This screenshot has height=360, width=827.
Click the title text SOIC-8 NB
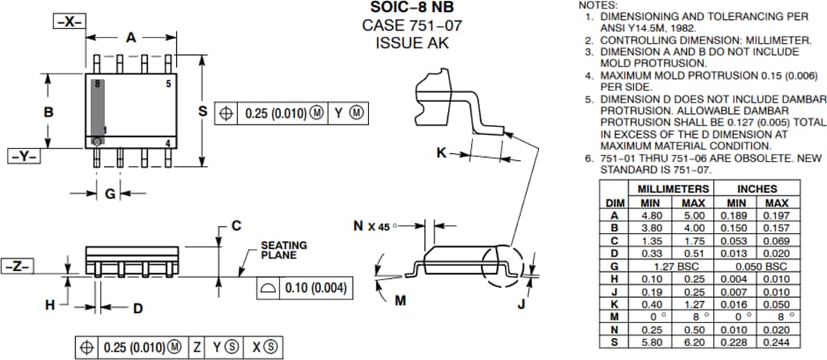pos(411,8)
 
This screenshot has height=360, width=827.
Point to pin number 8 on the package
pos(97,83)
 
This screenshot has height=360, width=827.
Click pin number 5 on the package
pos(168,83)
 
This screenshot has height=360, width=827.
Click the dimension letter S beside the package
pos(203,112)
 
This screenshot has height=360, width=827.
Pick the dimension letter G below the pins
pos(110,194)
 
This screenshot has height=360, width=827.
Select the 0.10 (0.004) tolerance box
pos(304,288)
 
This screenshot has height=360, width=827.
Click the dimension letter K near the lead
pos(441,152)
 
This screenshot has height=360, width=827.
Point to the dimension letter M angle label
pos(400,300)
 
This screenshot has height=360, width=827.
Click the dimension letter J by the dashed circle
pos(521,304)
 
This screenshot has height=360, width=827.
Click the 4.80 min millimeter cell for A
pos(651,215)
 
